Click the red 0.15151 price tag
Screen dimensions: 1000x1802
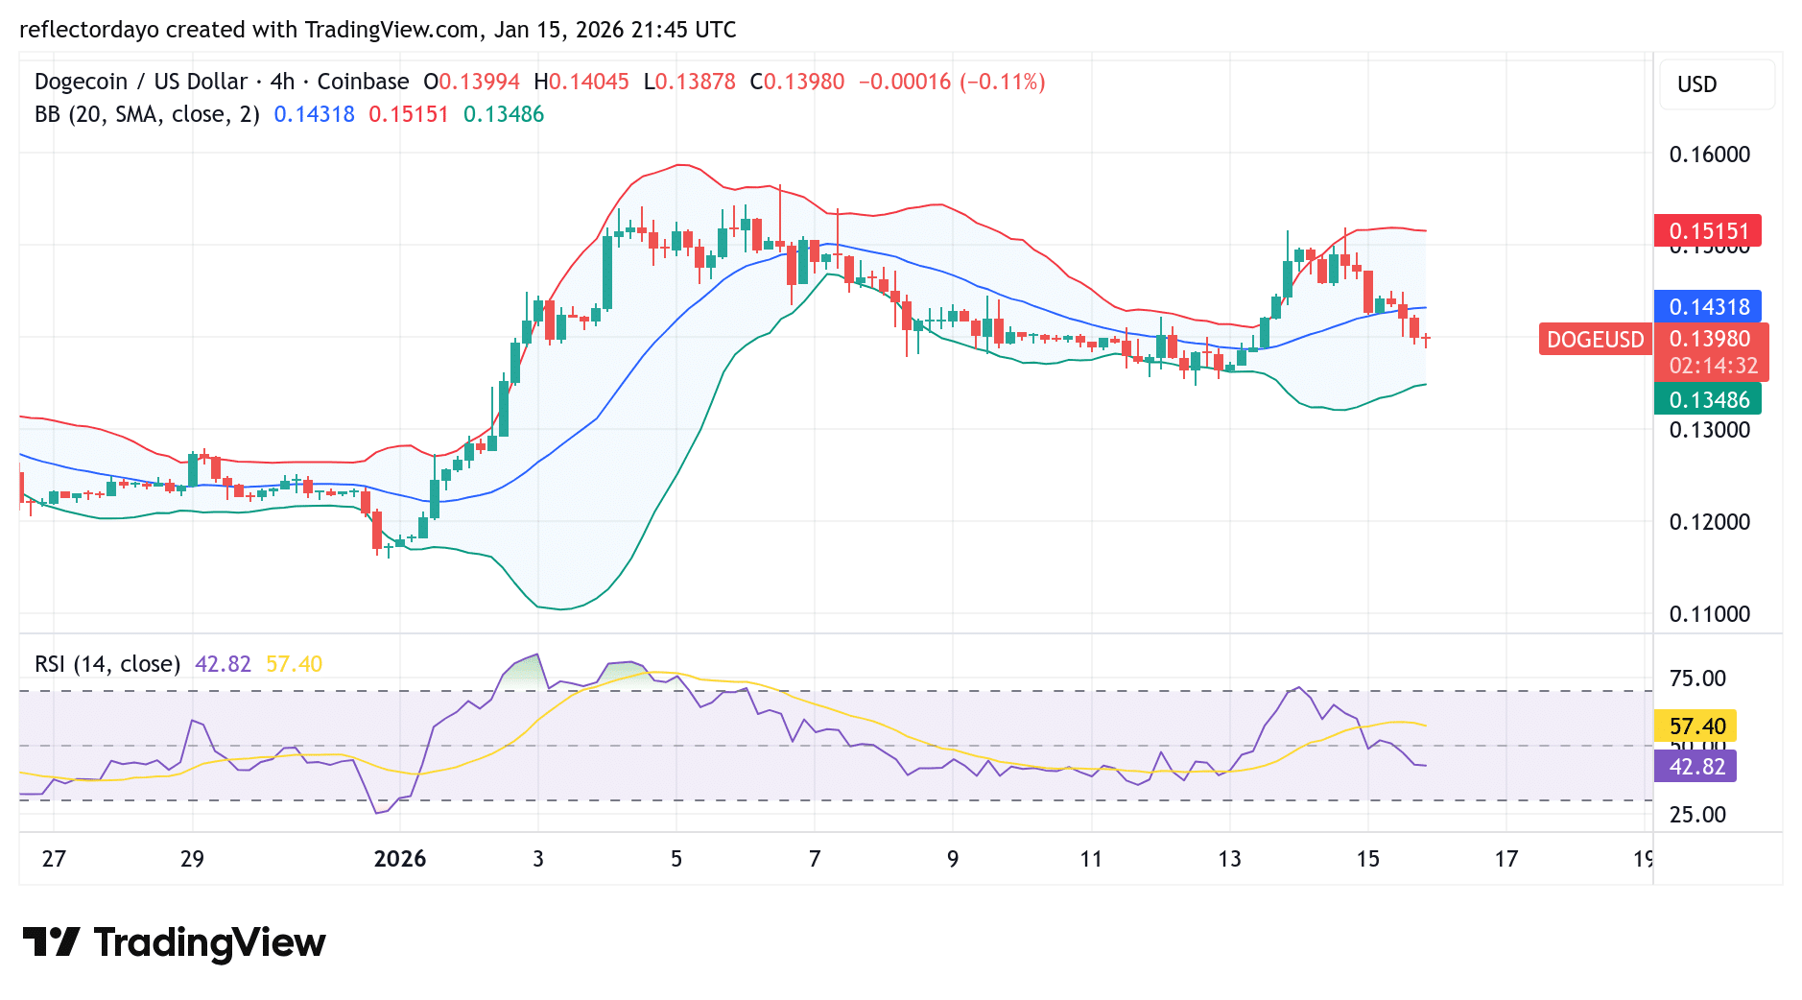[x=1708, y=231]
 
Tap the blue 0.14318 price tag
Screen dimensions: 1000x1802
[x=1708, y=307]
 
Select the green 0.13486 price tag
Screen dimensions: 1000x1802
[x=1708, y=399]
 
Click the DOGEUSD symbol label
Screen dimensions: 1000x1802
[x=1595, y=340]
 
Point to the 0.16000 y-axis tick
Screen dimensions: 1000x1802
[x=1709, y=155]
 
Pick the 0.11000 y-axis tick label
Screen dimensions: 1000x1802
[x=1709, y=614]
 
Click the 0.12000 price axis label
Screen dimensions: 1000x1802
[x=1709, y=522]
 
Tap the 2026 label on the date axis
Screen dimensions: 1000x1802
[x=400, y=859]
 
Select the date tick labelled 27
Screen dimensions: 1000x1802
[x=54, y=859]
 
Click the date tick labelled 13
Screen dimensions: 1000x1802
[x=1229, y=859]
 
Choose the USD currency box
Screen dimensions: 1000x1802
[x=1696, y=84]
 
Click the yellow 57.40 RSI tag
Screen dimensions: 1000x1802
[x=1696, y=726]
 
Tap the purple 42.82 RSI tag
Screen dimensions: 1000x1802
[x=1696, y=767]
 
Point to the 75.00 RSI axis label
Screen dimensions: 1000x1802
[x=1697, y=679]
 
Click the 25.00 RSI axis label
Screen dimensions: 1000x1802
[x=1697, y=815]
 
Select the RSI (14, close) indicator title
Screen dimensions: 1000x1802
[x=107, y=664]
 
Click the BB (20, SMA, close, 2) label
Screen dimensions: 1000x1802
[x=147, y=114]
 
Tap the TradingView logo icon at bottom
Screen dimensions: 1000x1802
[x=51, y=942]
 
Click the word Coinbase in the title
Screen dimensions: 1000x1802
[x=363, y=82]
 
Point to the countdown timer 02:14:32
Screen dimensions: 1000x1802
[x=1713, y=366]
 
